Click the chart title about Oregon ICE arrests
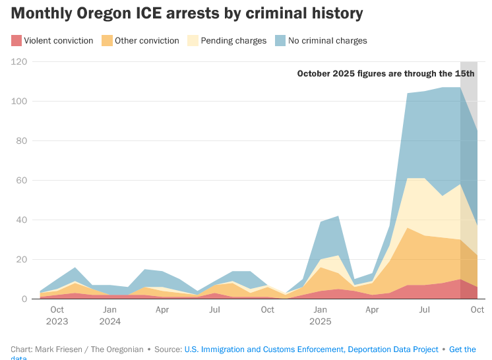click(x=187, y=13)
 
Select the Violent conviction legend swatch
click(x=16, y=41)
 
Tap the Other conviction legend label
click(x=146, y=41)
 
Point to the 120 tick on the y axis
click(x=19, y=61)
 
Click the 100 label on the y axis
click(x=19, y=101)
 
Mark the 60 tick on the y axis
click(x=21, y=180)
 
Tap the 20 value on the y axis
click(x=21, y=259)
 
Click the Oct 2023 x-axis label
click(x=57, y=315)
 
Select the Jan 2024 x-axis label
click(x=109, y=315)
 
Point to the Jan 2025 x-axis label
click(x=320, y=315)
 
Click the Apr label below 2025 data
click(x=372, y=309)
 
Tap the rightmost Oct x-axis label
click(x=477, y=309)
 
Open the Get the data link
click(x=462, y=349)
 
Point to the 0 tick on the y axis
click(x=24, y=299)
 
